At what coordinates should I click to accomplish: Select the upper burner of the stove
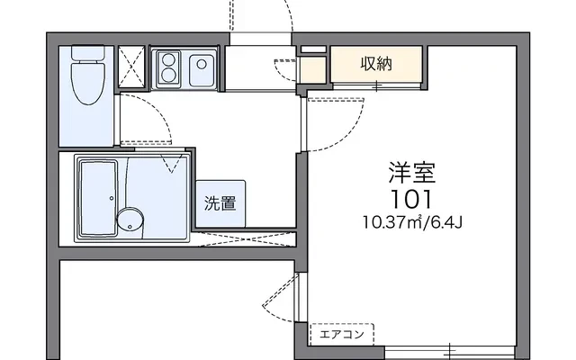pos(168,59)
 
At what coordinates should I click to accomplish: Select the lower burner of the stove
pos(168,75)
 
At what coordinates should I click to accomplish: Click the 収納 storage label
pos(378,64)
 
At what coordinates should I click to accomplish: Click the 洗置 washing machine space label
pos(220,203)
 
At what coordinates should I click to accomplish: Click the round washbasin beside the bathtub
pos(130,218)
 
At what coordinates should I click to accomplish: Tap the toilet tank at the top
pos(89,52)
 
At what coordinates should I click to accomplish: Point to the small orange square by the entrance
pos(312,69)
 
